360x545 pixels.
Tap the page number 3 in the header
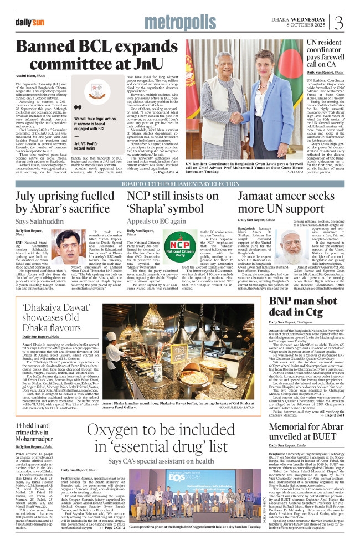point(339,24)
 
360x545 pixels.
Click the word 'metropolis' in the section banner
point(178,23)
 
